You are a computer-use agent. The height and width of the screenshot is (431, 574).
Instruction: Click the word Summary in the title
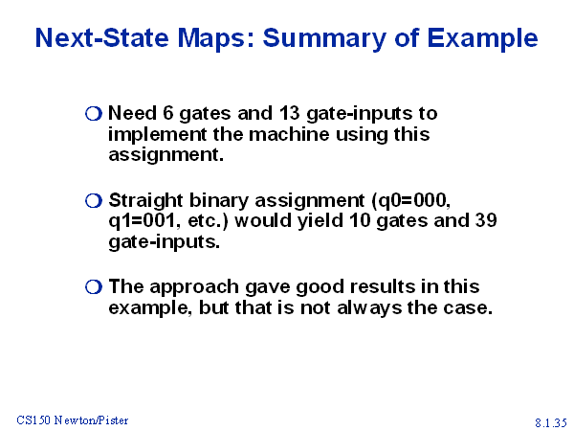click(324, 39)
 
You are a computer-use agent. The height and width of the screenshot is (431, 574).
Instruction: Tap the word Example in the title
click(482, 39)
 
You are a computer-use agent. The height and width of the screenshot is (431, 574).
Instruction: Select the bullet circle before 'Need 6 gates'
click(94, 114)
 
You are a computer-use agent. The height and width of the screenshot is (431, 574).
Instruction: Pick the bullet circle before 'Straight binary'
click(94, 201)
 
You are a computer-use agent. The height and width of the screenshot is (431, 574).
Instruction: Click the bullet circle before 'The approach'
click(94, 287)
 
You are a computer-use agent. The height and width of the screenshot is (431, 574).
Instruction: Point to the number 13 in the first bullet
click(289, 113)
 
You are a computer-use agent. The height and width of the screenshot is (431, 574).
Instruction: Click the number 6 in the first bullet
click(167, 113)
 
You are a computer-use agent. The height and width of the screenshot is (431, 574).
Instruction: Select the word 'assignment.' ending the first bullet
click(166, 155)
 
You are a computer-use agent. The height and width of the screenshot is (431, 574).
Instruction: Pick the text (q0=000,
click(410, 201)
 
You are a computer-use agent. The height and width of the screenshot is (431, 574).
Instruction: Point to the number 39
click(486, 220)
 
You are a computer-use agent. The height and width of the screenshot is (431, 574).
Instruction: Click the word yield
click(320, 221)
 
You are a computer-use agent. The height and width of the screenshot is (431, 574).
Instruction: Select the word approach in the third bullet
click(194, 287)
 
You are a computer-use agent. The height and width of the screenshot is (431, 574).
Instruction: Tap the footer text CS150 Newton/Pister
click(73, 420)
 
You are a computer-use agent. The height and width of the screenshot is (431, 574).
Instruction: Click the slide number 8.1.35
click(551, 422)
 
